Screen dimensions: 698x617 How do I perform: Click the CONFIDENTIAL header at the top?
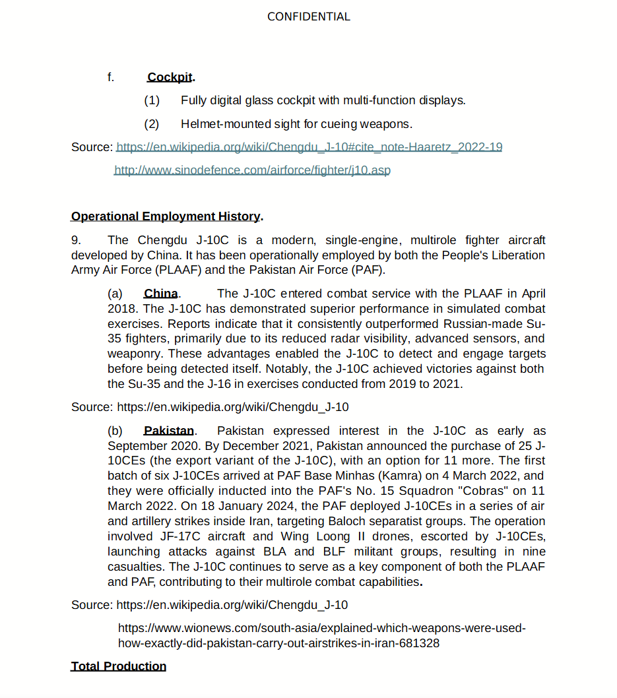(x=308, y=16)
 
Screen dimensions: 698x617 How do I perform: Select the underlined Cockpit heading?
(x=170, y=77)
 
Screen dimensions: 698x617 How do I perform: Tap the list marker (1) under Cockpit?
(x=152, y=100)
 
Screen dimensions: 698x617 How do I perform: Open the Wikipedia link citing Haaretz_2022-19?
(x=309, y=146)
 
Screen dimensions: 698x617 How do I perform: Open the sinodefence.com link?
(x=252, y=170)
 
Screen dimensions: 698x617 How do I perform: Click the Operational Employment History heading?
(x=166, y=216)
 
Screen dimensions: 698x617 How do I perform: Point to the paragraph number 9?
(x=76, y=240)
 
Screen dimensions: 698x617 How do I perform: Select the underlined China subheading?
(x=161, y=294)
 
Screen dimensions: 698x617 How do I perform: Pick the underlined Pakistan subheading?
(x=169, y=431)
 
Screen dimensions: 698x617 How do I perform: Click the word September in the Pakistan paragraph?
(x=135, y=445)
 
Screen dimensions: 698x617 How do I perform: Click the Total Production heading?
(x=119, y=666)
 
